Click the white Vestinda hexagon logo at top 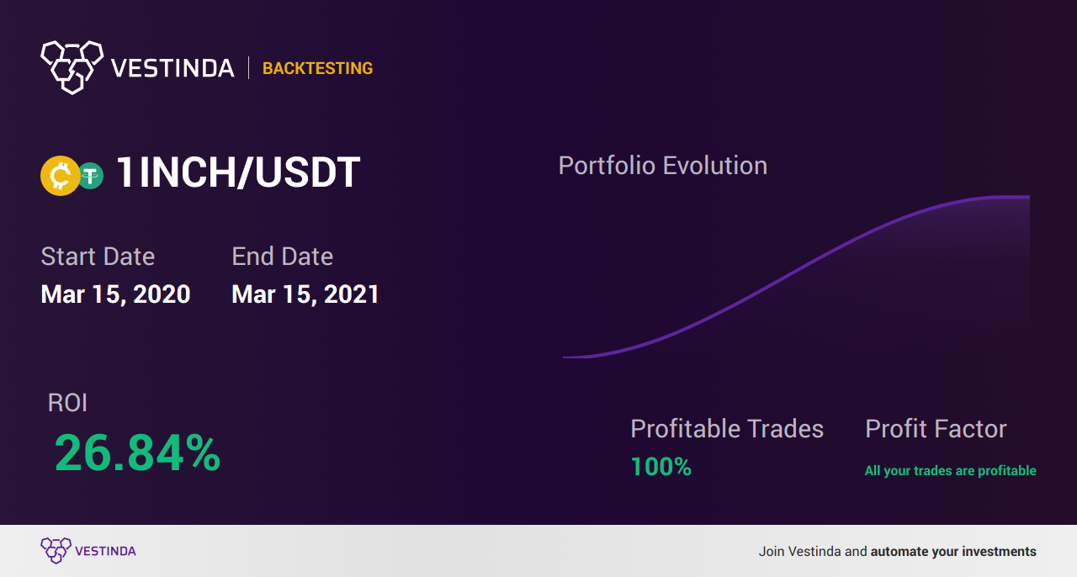(72, 67)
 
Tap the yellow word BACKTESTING (317, 68)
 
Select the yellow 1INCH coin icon (60, 176)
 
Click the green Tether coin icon (90, 176)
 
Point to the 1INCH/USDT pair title (238, 172)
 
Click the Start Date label (98, 257)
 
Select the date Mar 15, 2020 (115, 294)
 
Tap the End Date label (282, 257)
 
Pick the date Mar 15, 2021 (305, 294)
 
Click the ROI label (67, 402)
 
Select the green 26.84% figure (137, 453)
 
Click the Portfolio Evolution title (662, 167)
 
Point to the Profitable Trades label (727, 428)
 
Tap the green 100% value (661, 467)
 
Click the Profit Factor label (936, 428)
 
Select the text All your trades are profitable (951, 470)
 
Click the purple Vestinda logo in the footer (56, 551)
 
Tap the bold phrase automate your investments (953, 552)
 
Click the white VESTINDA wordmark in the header (172, 68)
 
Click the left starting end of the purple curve (564, 357)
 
